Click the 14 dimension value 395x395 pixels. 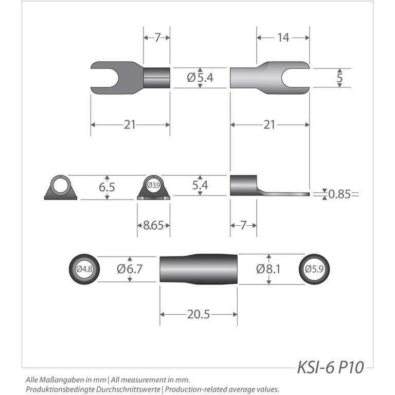point(283,37)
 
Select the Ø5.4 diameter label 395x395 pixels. point(200,78)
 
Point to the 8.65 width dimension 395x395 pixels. point(153,225)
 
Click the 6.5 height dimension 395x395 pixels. point(107,187)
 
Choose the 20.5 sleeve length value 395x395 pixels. point(199,314)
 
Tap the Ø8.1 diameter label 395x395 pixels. point(268,268)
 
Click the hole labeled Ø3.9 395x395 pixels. point(153,185)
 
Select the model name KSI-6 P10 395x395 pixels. point(330,367)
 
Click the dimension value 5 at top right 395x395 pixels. point(339,78)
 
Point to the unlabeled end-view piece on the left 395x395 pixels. point(61,188)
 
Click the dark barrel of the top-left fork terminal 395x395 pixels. point(156,78)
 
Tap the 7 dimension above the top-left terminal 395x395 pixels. point(156,37)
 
